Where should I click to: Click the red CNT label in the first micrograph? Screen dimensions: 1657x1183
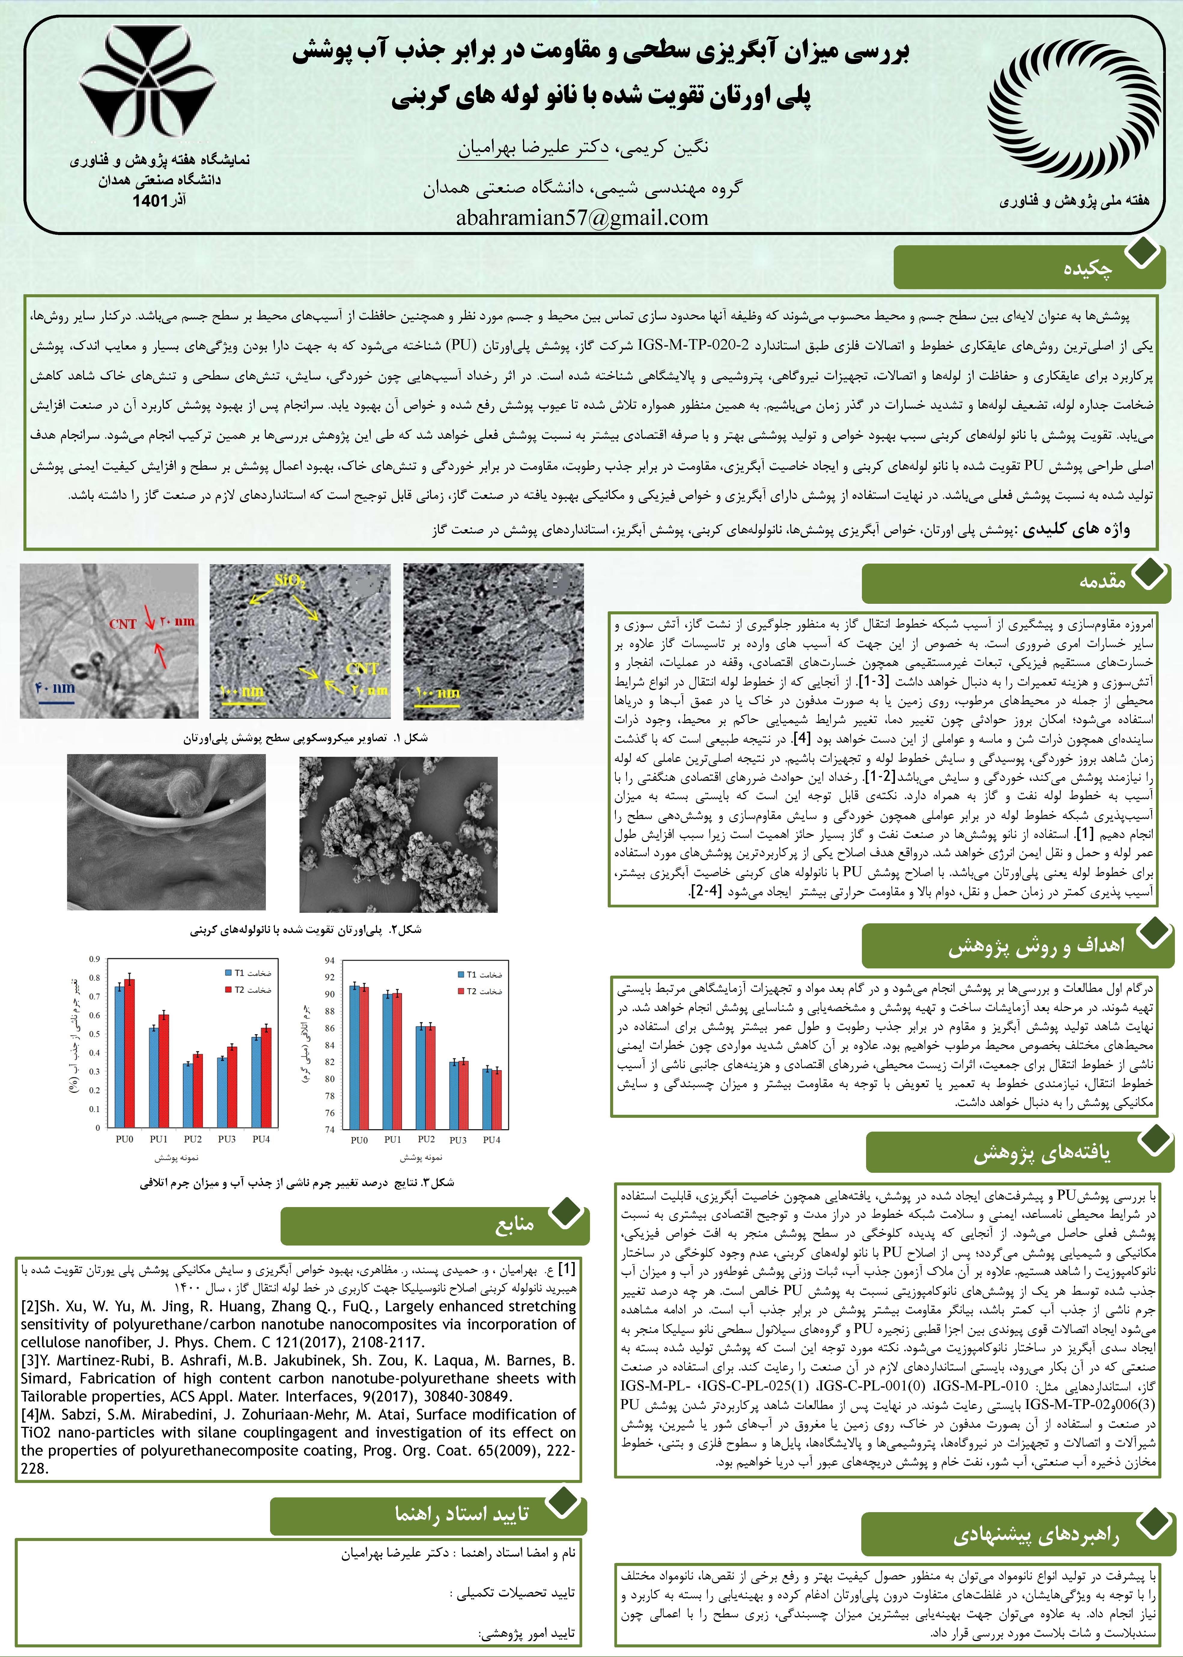[x=122, y=624]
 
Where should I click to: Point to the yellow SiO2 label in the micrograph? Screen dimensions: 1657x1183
[x=290, y=582]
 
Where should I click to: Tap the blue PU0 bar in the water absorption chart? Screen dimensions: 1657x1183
[x=119, y=1056]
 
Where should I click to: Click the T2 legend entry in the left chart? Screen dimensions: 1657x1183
[x=248, y=989]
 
